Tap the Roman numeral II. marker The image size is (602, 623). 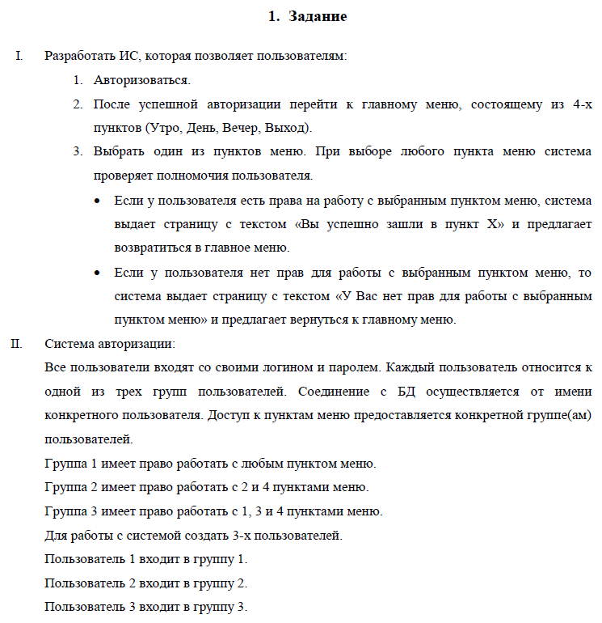click(x=16, y=344)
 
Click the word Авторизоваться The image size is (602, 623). click(x=142, y=81)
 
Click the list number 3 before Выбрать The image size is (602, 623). click(x=78, y=153)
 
